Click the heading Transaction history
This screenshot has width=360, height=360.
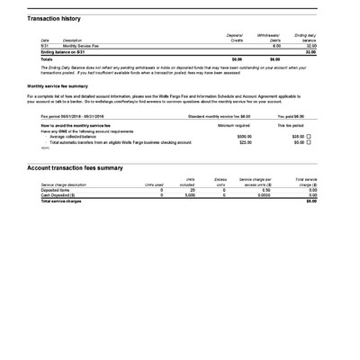coord(53,18)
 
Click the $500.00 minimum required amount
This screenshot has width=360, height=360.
coord(244,136)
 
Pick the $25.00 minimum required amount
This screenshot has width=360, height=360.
coord(245,142)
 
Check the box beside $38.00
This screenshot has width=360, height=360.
coord(309,136)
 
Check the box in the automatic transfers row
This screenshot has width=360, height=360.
coord(309,142)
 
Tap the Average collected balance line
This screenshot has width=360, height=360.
coord(81,136)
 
